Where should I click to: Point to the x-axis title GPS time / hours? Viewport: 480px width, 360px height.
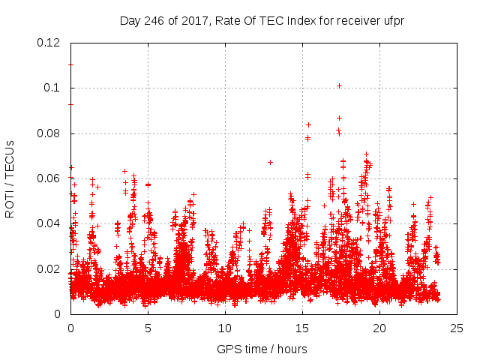tap(262, 349)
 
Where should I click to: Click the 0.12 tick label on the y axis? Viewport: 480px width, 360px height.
tap(50, 43)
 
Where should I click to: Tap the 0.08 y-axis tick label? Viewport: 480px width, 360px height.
tap(50, 133)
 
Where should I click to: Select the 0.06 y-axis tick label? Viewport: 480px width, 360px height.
tap(50, 178)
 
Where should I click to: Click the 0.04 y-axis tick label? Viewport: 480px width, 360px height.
tap(50, 223)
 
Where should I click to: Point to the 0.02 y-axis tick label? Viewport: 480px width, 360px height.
tap(50, 269)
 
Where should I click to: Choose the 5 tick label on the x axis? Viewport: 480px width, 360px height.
tap(148, 328)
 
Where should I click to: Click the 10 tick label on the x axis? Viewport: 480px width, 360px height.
tap(225, 328)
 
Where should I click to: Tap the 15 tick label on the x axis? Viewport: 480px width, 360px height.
tap(302, 328)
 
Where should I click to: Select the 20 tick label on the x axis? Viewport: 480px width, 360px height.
tap(379, 328)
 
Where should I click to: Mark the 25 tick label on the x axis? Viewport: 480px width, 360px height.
tap(457, 328)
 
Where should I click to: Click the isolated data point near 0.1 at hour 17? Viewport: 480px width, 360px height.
tap(339, 85)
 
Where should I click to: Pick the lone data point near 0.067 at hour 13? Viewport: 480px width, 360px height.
tap(270, 162)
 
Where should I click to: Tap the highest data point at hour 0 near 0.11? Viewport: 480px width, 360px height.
tap(70, 64)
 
